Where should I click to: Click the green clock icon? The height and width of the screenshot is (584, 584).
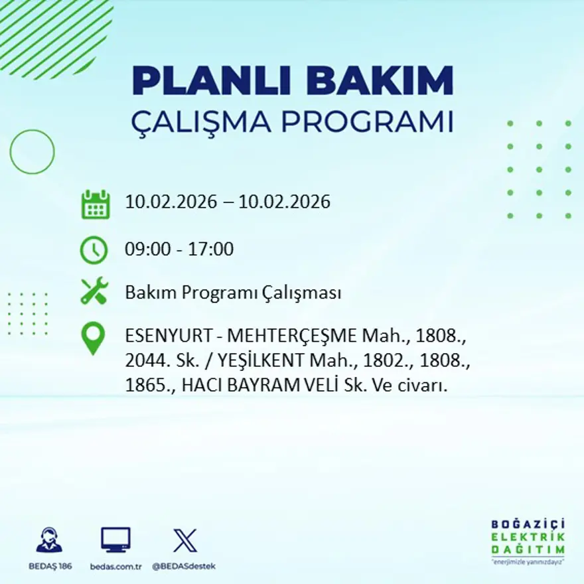click(x=94, y=250)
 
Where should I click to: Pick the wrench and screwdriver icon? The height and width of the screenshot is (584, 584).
click(x=94, y=292)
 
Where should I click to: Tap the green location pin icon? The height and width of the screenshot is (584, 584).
click(x=93, y=338)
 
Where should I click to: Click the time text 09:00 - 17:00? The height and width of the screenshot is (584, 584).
click(x=179, y=250)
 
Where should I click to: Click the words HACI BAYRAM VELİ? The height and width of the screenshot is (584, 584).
click(x=260, y=386)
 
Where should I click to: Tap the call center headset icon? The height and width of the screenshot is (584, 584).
click(x=48, y=540)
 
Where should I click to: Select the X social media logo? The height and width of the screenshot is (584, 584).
click(x=184, y=540)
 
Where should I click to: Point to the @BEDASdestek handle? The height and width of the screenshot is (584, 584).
click(x=184, y=566)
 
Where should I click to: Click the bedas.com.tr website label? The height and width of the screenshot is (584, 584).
click(x=115, y=566)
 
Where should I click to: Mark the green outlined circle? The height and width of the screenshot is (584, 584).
click(x=32, y=152)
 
